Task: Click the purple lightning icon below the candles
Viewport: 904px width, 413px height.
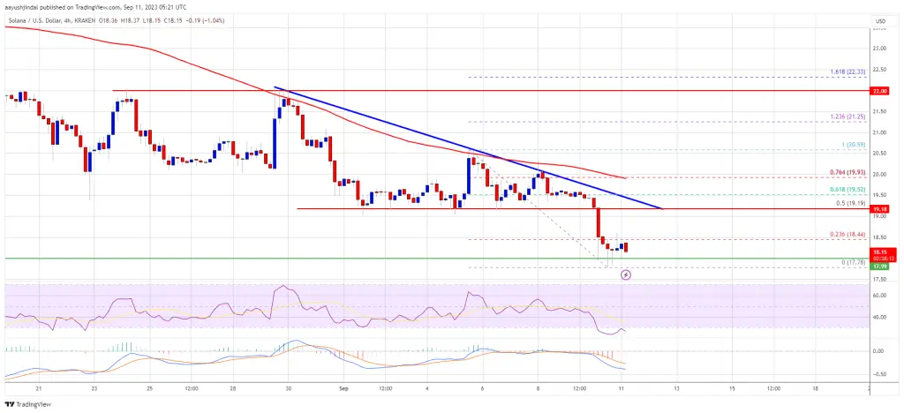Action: [627, 274]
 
